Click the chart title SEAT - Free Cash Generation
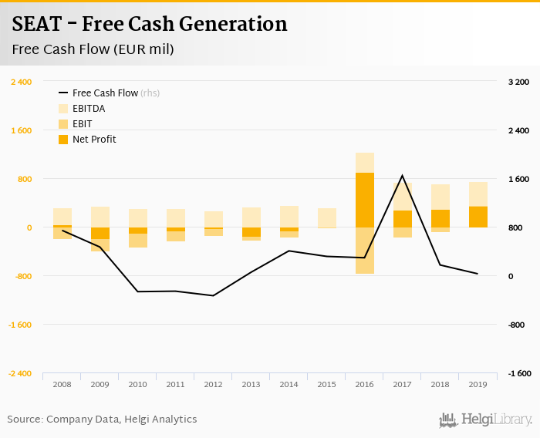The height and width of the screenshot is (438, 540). (x=150, y=25)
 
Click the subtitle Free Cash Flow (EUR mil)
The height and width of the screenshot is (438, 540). (x=93, y=49)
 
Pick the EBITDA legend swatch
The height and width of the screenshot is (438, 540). (x=63, y=109)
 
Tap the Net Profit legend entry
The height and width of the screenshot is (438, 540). (x=94, y=140)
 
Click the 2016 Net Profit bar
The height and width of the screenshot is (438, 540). (x=365, y=200)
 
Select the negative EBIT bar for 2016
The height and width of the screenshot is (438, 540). (x=365, y=251)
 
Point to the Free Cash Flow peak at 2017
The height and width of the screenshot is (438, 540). (x=402, y=176)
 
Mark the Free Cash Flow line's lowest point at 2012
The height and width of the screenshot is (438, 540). (x=214, y=295)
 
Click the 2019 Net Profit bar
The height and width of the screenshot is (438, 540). (x=478, y=217)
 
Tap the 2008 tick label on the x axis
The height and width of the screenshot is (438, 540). (x=62, y=383)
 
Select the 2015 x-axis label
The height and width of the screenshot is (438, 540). (x=327, y=383)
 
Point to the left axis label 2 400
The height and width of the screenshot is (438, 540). (x=21, y=82)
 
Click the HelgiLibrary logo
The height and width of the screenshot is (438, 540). (x=485, y=419)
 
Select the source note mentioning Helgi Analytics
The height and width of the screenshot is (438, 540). (x=102, y=419)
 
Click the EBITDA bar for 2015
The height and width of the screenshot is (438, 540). (x=327, y=217)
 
